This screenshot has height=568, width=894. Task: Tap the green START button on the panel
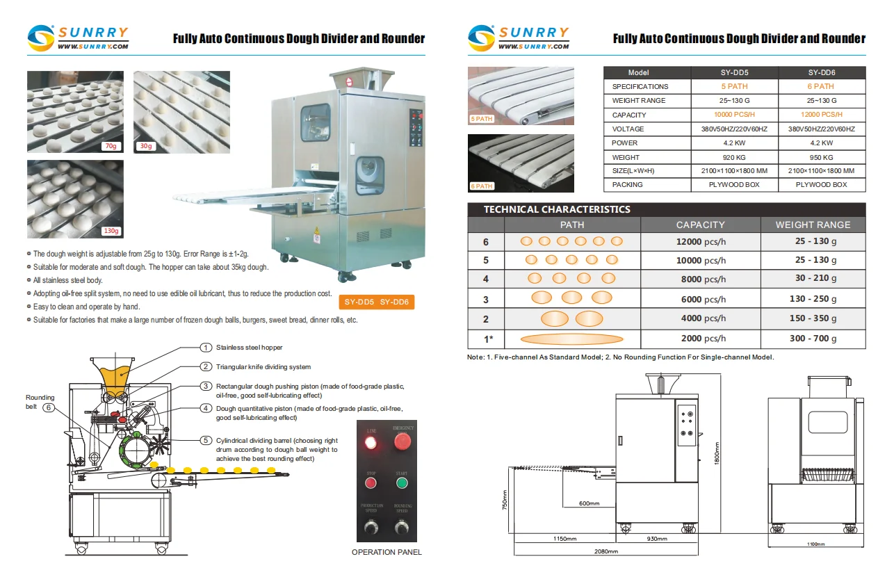click(401, 485)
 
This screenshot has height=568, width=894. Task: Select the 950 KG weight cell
click(822, 157)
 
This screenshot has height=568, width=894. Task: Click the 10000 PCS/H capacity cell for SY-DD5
click(734, 115)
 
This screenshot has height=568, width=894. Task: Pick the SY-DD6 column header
click(822, 72)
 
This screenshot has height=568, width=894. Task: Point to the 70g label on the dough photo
click(110, 146)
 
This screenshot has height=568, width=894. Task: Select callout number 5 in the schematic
click(206, 440)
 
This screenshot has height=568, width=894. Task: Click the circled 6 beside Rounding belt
click(48, 407)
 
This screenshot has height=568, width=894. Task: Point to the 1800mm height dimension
click(717, 455)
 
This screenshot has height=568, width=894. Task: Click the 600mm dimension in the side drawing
click(589, 503)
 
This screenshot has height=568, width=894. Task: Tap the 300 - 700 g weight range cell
click(813, 339)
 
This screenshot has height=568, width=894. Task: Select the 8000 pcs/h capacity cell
click(700, 279)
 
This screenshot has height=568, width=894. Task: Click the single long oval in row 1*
click(571, 339)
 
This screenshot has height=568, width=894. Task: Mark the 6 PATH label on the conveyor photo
click(482, 186)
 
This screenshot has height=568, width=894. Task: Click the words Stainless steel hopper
click(249, 348)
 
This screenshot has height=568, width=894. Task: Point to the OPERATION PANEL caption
click(387, 552)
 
